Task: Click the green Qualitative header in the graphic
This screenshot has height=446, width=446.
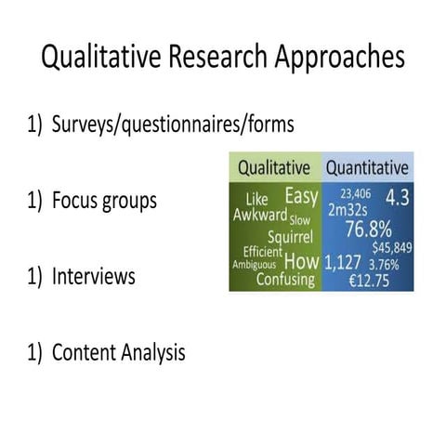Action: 273,168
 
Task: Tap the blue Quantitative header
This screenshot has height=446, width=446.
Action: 366,168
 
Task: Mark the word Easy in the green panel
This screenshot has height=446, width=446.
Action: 300,196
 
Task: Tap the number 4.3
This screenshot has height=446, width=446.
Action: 397,197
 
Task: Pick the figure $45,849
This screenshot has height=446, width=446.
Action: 391,248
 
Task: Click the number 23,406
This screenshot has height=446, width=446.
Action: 354,192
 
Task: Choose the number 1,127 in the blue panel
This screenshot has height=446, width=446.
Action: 343,263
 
